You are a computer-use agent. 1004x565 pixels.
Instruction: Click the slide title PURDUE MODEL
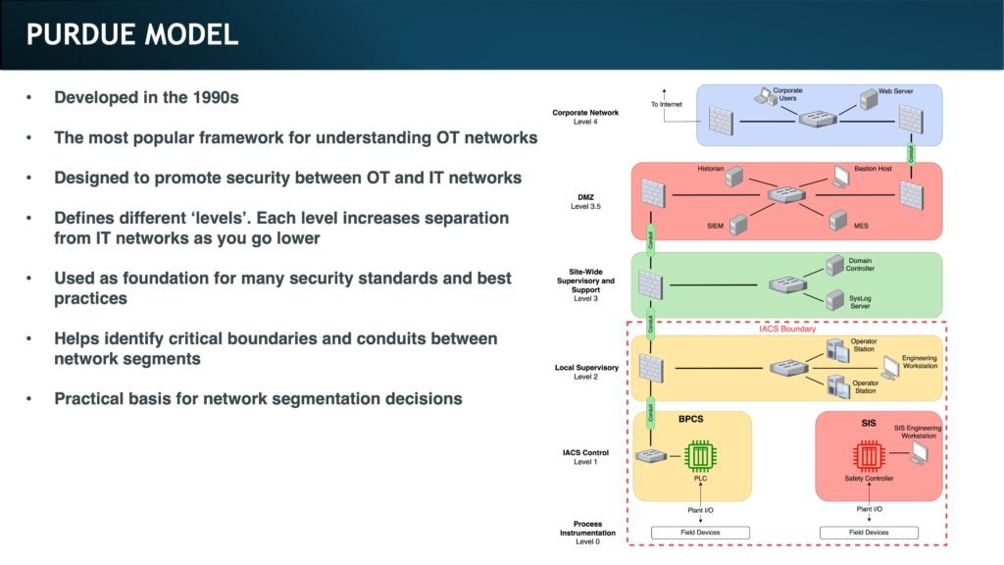pyautogui.click(x=132, y=35)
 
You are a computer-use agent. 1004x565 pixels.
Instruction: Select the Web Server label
pyautogui.click(x=895, y=90)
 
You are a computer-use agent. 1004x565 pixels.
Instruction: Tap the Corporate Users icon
pyautogui.click(x=764, y=96)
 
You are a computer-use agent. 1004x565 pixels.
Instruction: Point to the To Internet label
pyautogui.click(x=667, y=104)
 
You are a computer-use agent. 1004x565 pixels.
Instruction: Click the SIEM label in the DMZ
pyautogui.click(x=716, y=226)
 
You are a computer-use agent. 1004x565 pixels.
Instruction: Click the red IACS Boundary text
pyautogui.click(x=785, y=329)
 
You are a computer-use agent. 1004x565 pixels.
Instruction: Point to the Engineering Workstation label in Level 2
pyautogui.click(x=919, y=362)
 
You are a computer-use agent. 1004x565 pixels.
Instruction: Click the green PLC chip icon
pyautogui.click(x=700, y=455)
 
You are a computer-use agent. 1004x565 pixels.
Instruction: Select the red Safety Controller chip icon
pyautogui.click(x=867, y=455)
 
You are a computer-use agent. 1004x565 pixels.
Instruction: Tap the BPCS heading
pyautogui.click(x=691, y=419)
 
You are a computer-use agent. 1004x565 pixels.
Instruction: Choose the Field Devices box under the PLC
pyautogui.click(x=700, y=533)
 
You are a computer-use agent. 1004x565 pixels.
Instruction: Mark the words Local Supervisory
pyautogui.click(x=586, y=368)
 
